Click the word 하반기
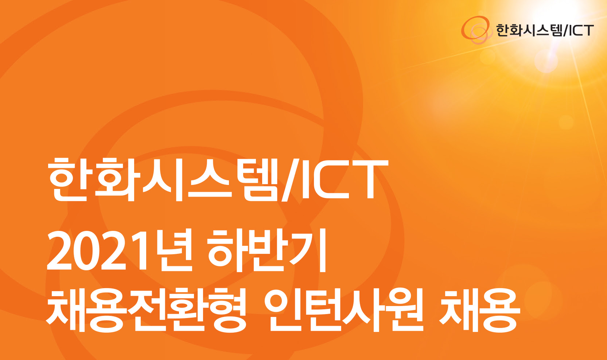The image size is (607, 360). pos(267,250)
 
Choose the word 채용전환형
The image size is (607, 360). pos(146,310)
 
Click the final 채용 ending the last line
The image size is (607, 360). pos(480,310)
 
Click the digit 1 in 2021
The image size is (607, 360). pos(136,249)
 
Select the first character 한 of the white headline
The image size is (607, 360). pos(68,179)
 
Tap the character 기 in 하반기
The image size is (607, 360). pos(309,250)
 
